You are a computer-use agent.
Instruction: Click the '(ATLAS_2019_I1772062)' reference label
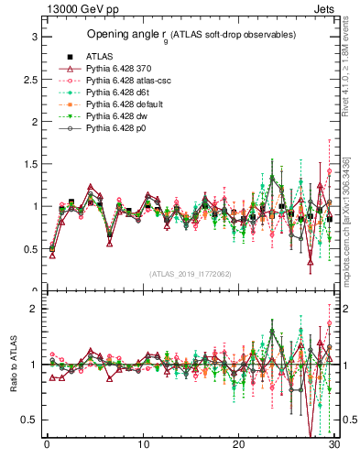[x=190, y=273]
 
